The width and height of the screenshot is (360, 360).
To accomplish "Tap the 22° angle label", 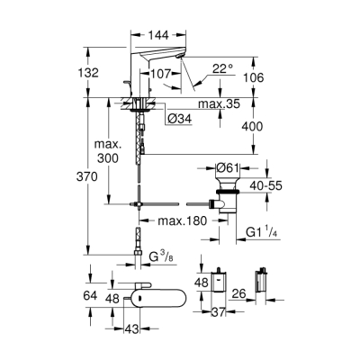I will coord(223,68).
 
